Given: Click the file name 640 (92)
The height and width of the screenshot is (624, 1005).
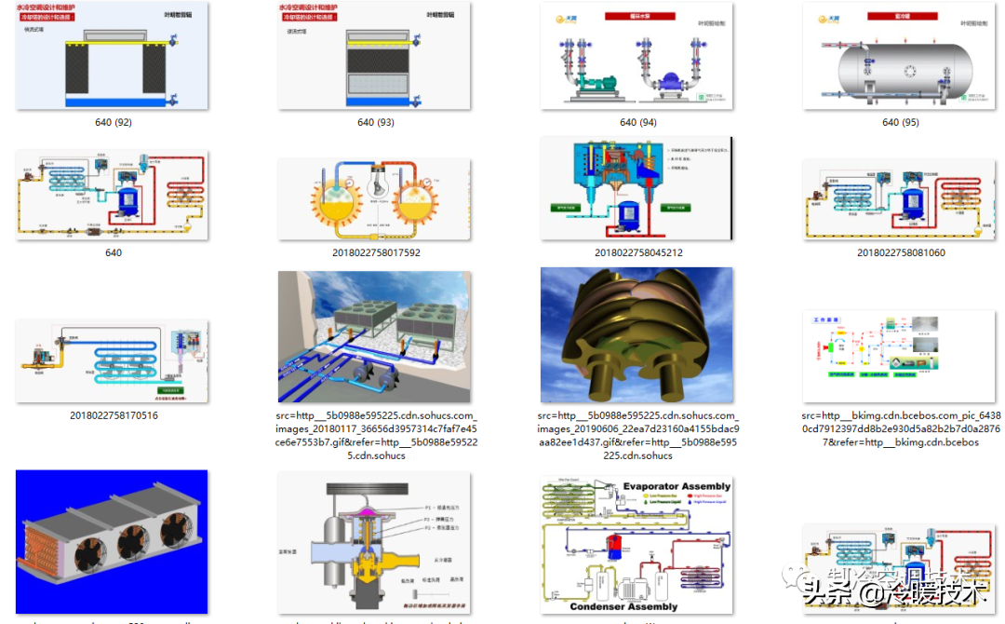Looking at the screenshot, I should pyautogui.click(x=113, y=122).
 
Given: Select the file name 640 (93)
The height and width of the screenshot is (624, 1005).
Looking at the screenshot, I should pyautogui.click(x=375, y=122).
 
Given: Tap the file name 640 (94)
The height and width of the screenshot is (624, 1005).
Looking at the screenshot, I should pyautogui.click(x=637, y=122).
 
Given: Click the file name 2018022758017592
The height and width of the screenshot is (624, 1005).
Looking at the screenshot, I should pyautogui.click(x=375, y=252).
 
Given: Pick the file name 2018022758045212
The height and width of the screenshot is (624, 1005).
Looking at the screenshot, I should pyautogui.click(x=637, y=252).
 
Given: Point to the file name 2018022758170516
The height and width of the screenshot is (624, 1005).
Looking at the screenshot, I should pyautogui.click(x=113, y=415).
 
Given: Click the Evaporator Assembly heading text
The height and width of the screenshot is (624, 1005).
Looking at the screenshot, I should pyautogui.click(x=677, y=486).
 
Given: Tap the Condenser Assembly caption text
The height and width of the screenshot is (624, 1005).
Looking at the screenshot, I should pyautogui.click(x=624, y=606).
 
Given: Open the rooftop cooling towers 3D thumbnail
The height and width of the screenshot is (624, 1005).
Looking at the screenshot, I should pyautogui.click(x=374, y=336).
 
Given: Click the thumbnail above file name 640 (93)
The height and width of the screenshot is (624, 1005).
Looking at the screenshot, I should pyautogui.click(x=374, y=58).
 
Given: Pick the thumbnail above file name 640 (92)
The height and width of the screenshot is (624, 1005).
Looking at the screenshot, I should pyautogui.click(x=113, y=58).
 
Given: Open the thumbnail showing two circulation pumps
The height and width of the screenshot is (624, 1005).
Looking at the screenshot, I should pyautogui.click(x=636, y=58).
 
